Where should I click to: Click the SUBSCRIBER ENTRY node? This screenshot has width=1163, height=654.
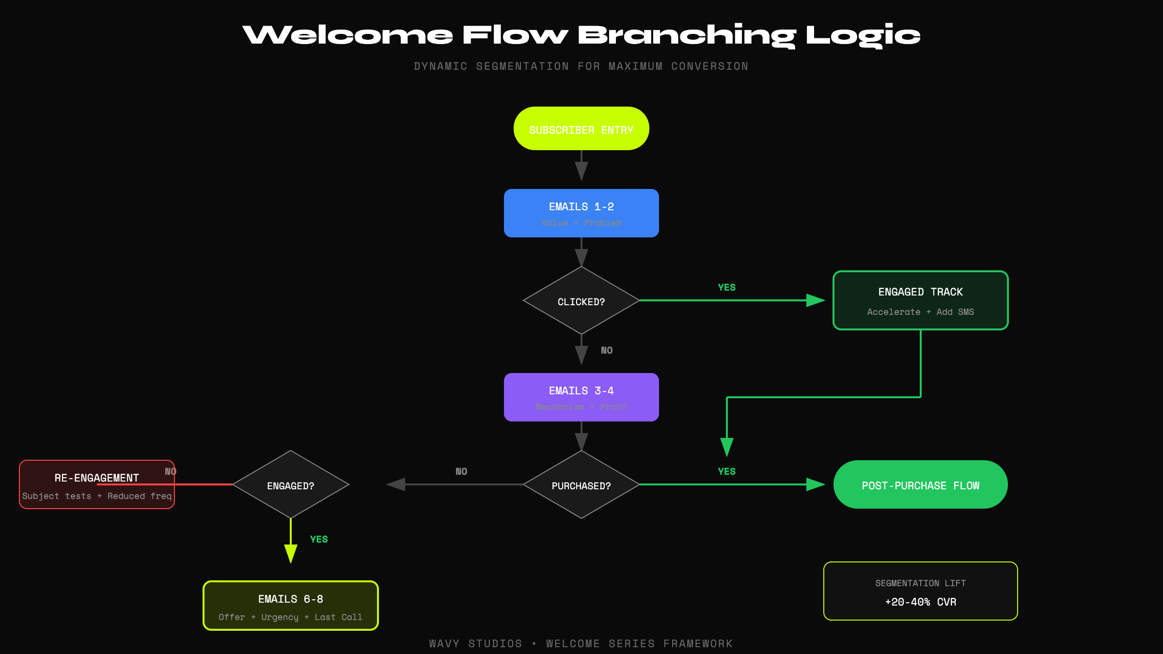click(581, 129)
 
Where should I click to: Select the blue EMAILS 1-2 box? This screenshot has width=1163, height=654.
click(581, 213)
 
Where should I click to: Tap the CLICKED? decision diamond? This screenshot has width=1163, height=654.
click(581, 301)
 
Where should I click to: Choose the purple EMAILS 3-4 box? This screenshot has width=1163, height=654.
click(581, 397)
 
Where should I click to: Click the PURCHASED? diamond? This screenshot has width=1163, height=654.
click(581, 485)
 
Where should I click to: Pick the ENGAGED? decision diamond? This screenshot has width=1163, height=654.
click(290, 485)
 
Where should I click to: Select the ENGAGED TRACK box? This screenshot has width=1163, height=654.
click(920, 300)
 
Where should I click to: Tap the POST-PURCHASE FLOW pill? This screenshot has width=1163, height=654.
click(920, 485)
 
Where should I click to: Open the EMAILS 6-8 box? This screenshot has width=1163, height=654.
click(290, 606)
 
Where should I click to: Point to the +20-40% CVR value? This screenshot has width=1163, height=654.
click(920, 602)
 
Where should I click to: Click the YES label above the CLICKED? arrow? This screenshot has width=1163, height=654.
click(726, 287)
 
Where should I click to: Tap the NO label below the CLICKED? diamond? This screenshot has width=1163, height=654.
click(607, 350)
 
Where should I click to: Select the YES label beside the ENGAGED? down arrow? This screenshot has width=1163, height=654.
click(319, 539)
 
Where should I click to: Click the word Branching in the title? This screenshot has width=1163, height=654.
click(687, 35)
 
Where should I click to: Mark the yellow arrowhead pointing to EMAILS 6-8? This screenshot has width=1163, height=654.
click(290, 553)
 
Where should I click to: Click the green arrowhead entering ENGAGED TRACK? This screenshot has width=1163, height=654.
click(815, 300)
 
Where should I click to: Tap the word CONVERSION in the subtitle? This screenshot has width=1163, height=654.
click(709, 66)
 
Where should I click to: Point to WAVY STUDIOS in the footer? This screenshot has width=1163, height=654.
click(475, 644)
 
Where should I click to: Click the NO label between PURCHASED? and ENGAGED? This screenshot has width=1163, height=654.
click(461, 471)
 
